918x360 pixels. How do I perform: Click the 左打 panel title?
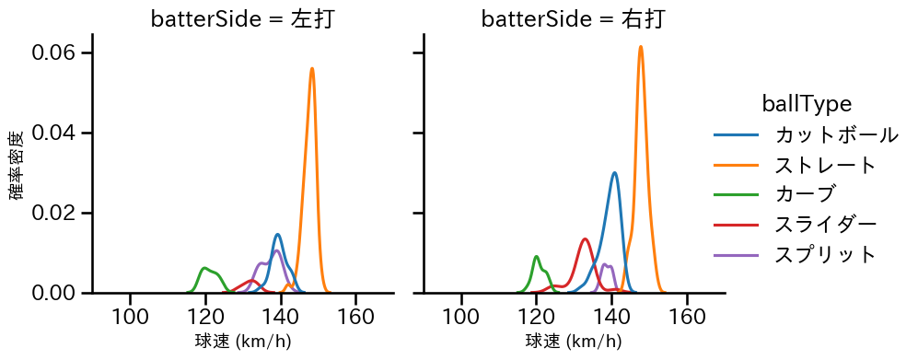[242, 18]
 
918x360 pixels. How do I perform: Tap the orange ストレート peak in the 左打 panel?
[312, 68]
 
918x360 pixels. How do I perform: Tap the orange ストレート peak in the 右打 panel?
[641, 47]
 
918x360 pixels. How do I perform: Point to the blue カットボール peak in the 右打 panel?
[614, 173]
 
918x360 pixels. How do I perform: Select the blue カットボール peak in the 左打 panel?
[277, 234]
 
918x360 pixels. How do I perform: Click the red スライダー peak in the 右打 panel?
[585, 238]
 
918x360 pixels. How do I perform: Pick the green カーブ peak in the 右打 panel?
[536, 256]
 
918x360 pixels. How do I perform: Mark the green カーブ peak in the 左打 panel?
[205, 268]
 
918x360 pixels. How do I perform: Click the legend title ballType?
[806, 104]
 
